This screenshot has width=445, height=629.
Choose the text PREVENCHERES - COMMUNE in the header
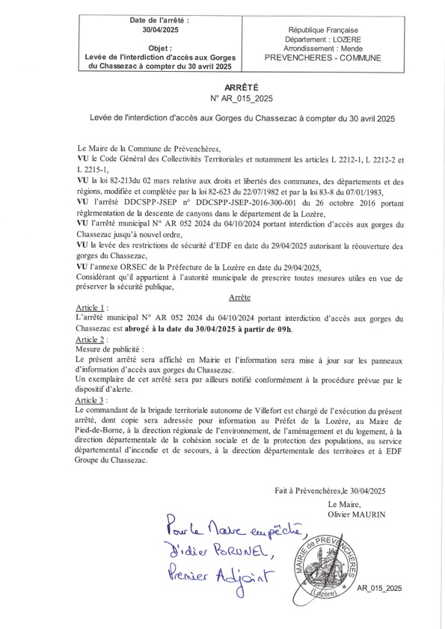tap(322, 58)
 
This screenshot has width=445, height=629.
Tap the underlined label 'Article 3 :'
tap(94, 402)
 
